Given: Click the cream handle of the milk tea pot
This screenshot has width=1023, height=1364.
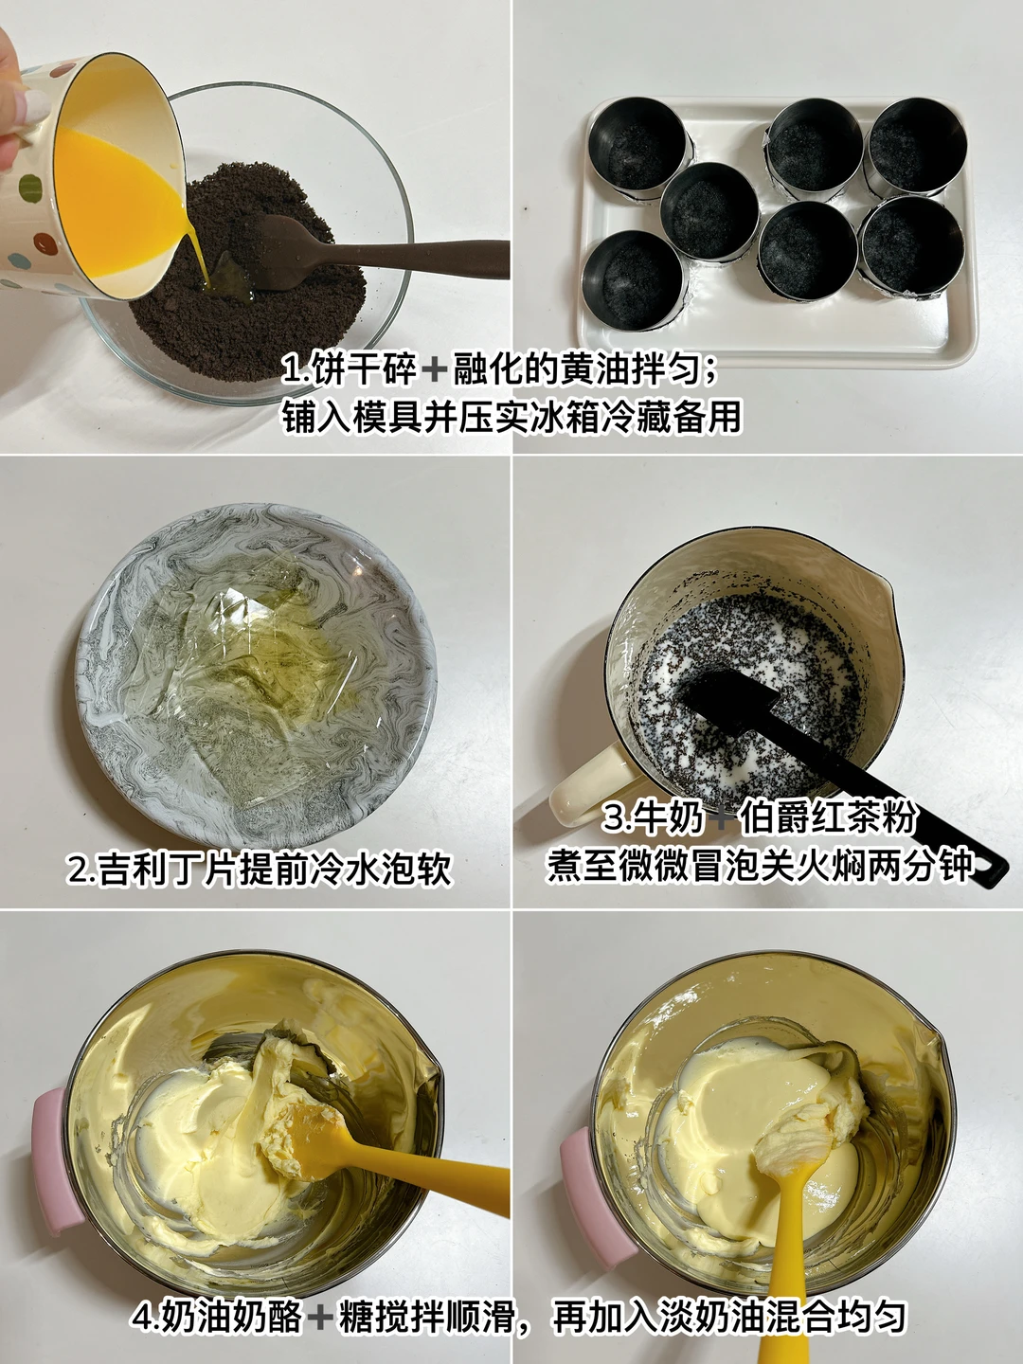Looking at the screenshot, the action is pyautogui.click(x=589, y=786).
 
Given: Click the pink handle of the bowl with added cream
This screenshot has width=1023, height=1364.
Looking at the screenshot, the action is pyautogui.click(x=597, y=1188).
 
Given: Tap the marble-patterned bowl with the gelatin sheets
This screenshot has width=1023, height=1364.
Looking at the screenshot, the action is pyautogui.click(x=256, y=674).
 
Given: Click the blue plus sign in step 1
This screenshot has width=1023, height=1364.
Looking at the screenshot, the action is pyautogui.click(x=434, y=370).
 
